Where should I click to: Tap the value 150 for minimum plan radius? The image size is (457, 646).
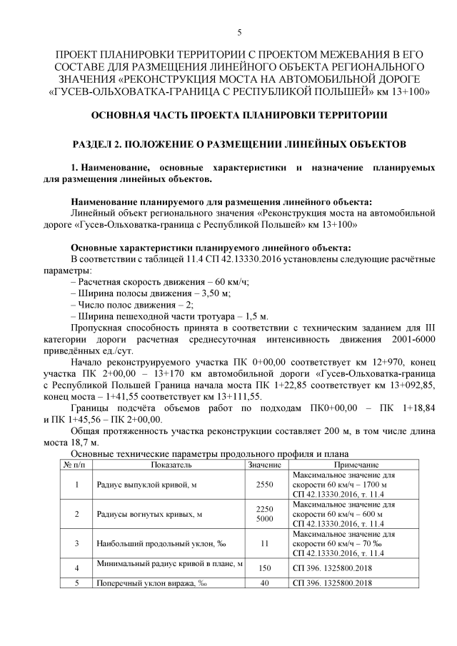click(264, 568)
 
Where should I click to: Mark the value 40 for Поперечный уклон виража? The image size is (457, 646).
click(264, 583)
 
